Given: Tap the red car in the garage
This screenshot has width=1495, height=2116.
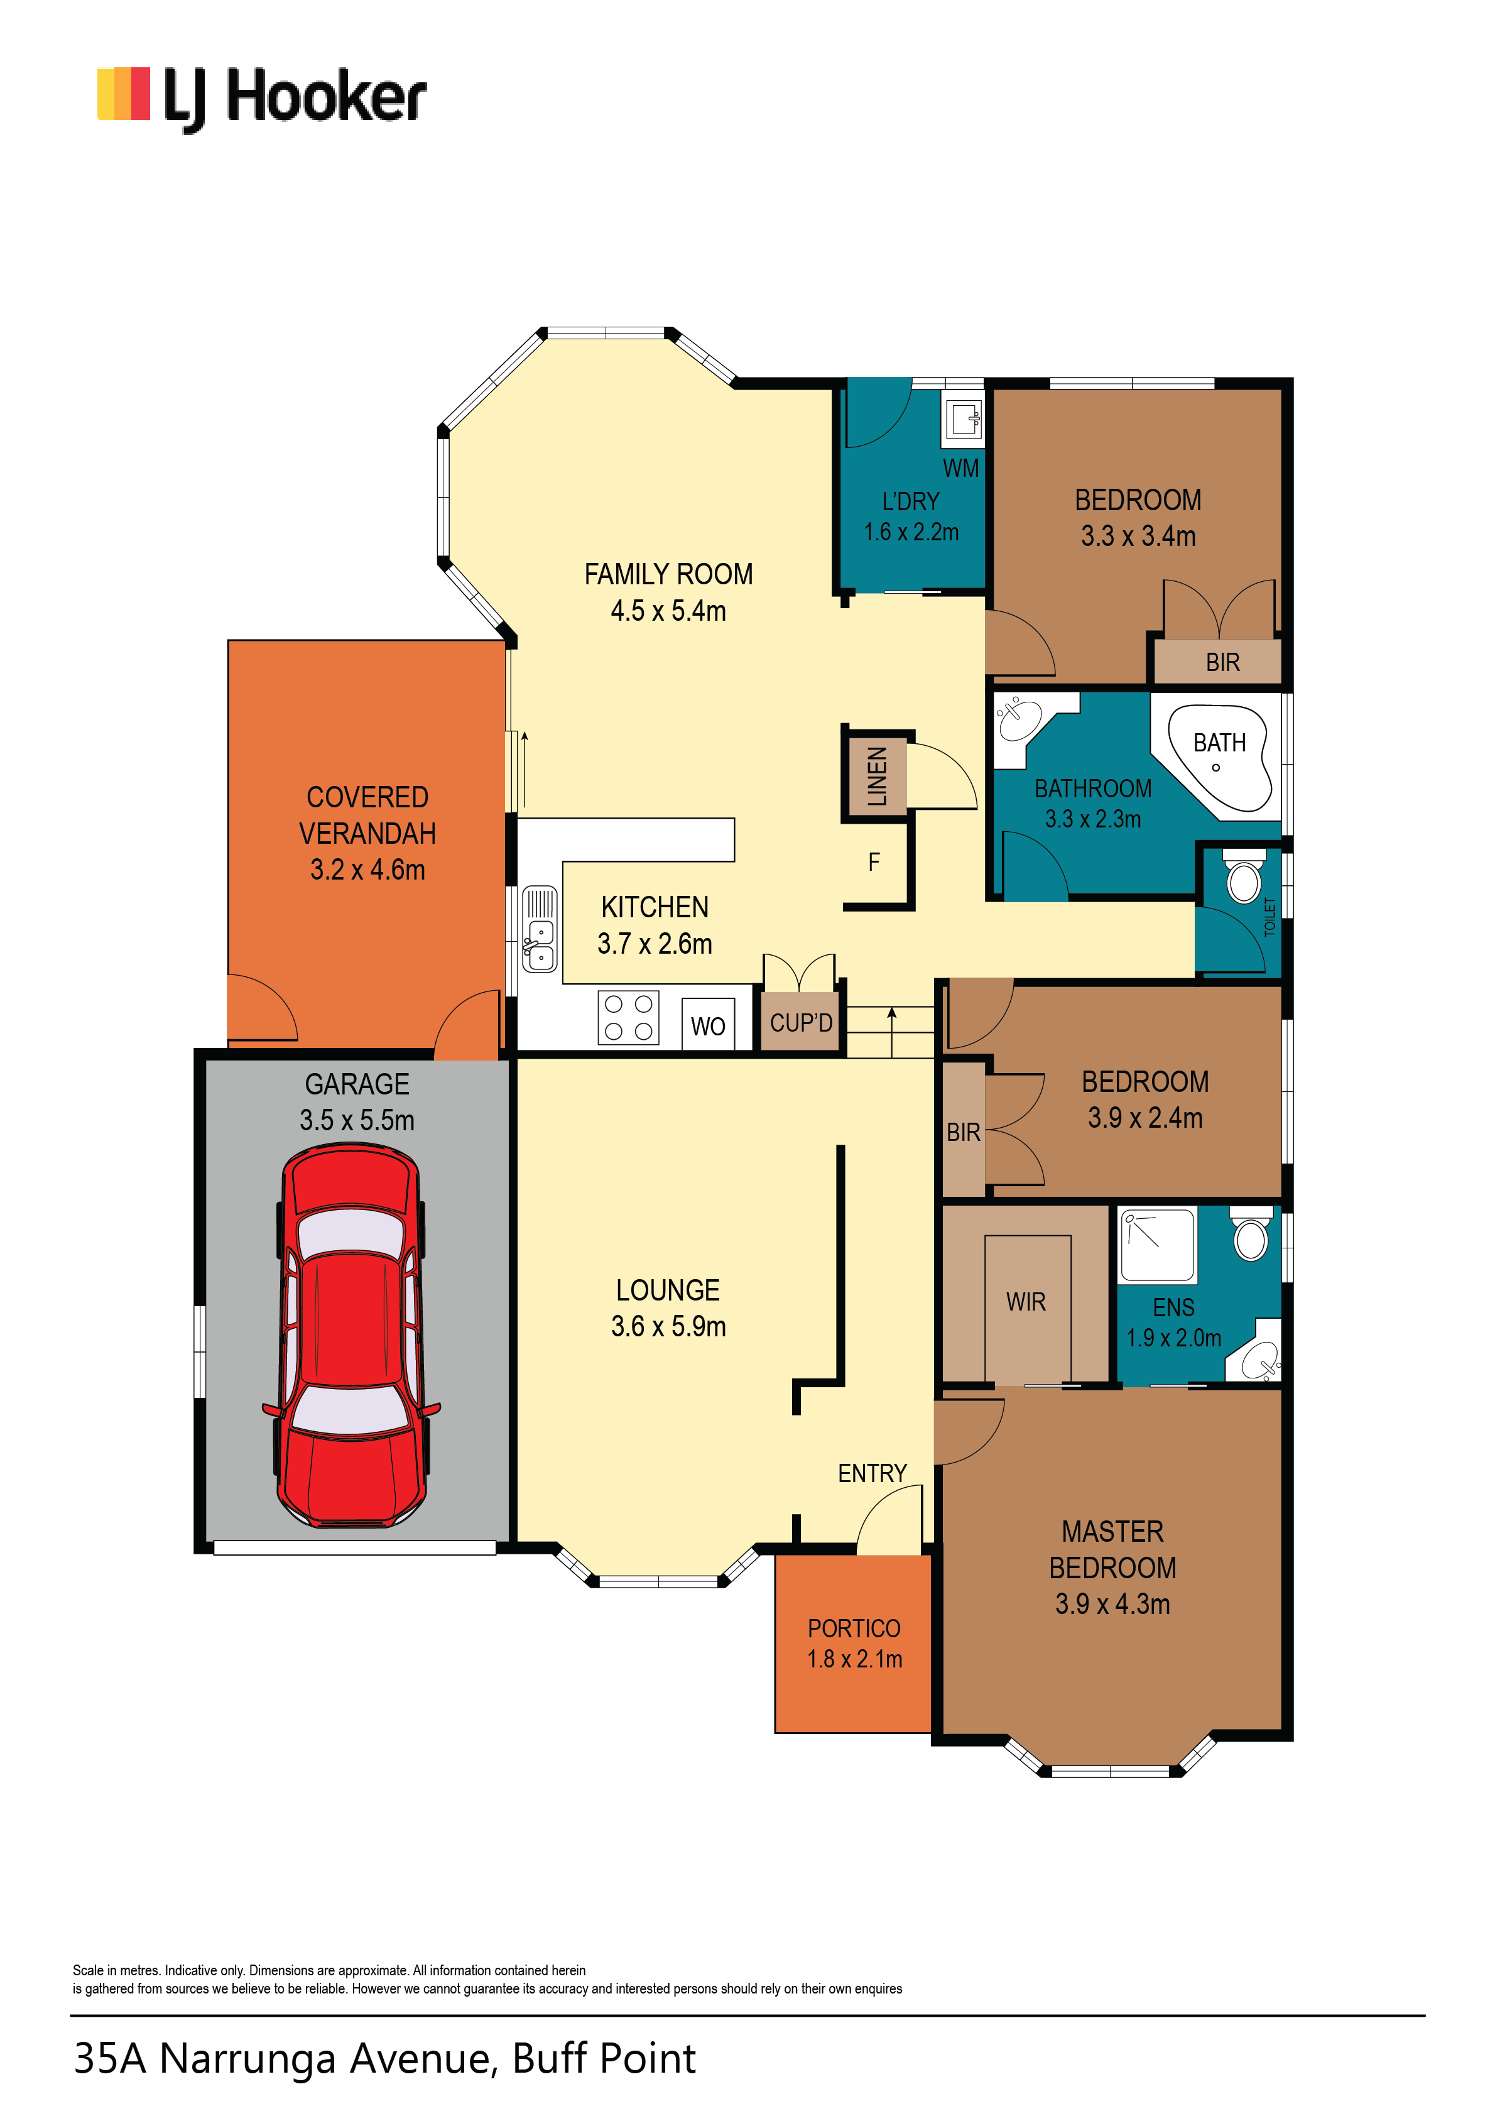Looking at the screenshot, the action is pos(353,1336).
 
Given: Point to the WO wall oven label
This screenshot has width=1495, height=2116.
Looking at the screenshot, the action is pos(708,1027).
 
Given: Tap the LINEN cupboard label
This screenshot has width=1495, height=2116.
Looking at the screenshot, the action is pos(876,776).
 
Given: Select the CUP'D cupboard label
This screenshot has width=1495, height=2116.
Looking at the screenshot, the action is pos(801,1023).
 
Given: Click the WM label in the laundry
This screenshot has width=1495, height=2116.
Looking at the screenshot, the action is pos(960,468).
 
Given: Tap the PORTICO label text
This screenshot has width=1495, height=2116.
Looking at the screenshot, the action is pos(854,1628).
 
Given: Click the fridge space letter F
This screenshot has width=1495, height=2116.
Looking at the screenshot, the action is pos(874,862).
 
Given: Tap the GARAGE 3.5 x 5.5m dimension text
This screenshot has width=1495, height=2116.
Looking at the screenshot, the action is pos(357,1121).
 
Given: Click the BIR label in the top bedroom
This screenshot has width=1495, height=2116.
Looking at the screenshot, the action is pos(1222,663).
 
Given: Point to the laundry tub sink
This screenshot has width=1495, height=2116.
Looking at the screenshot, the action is pos(963,419).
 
